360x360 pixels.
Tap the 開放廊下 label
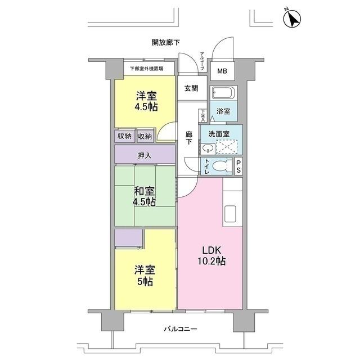[166, 42]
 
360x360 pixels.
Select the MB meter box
[223, 71]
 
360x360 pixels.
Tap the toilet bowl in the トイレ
[223, 166]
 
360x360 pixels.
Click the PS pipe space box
[238, 166]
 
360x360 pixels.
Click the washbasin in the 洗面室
[206, 148]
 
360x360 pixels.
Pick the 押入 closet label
[145, 155]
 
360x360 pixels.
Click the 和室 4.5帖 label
[145, 196]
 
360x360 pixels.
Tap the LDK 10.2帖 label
[211, 255]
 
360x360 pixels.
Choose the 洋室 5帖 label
[145, 276]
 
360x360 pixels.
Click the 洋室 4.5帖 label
[145, 100]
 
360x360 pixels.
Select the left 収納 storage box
[125, 136]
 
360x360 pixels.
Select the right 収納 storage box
[145, 136]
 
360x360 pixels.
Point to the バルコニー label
[181, 329]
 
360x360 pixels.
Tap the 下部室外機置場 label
[146, 69]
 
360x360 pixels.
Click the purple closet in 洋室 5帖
[129, 237]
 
